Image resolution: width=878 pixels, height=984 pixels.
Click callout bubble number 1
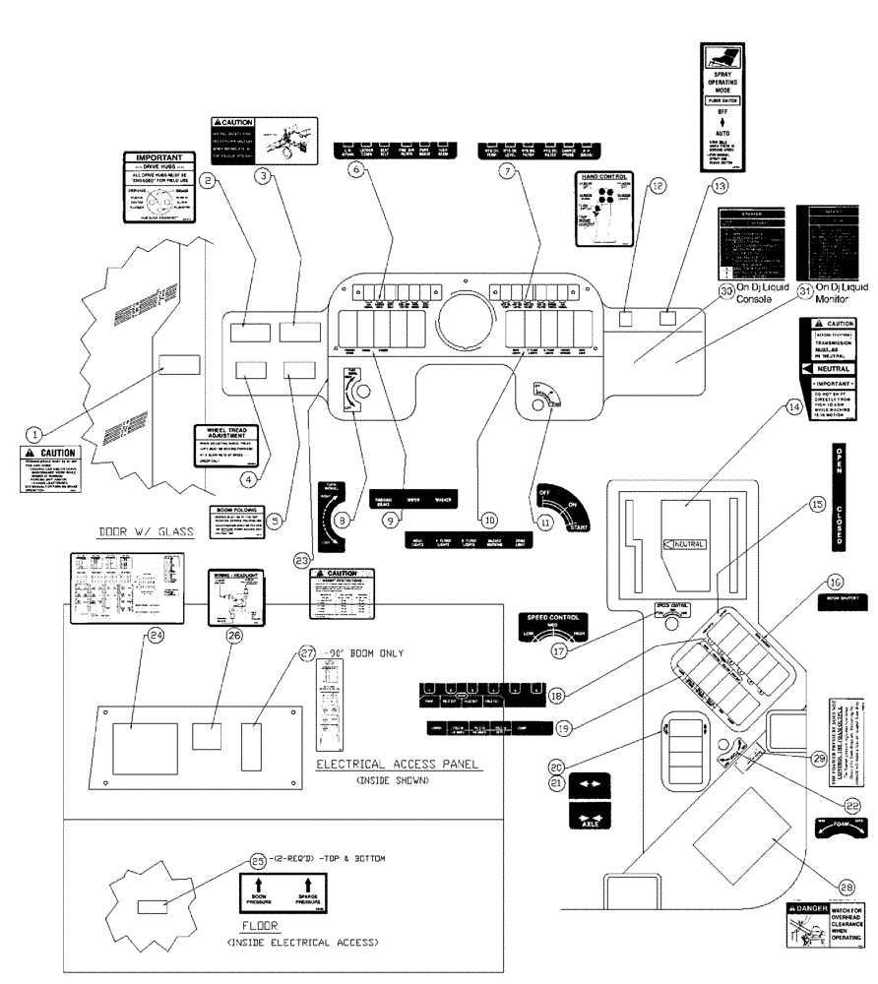[x=34, y=432]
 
